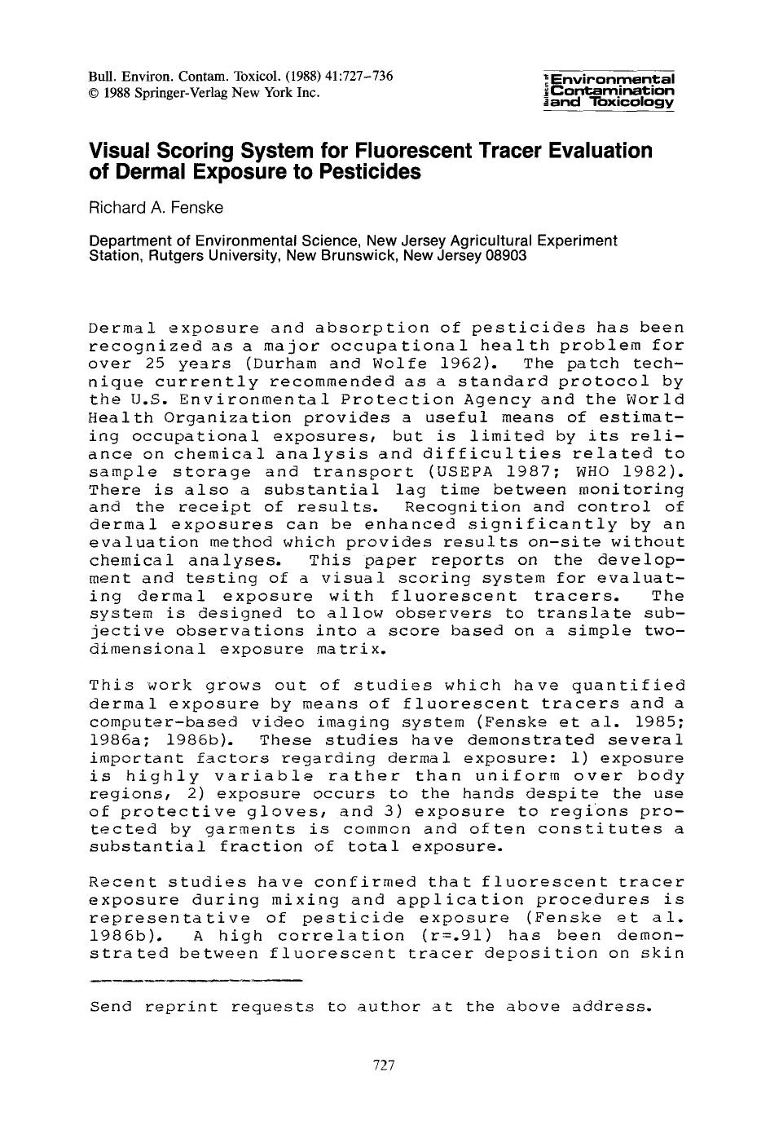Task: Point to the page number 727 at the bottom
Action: coord(383,1065)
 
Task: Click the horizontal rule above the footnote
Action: coord(196,977)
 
